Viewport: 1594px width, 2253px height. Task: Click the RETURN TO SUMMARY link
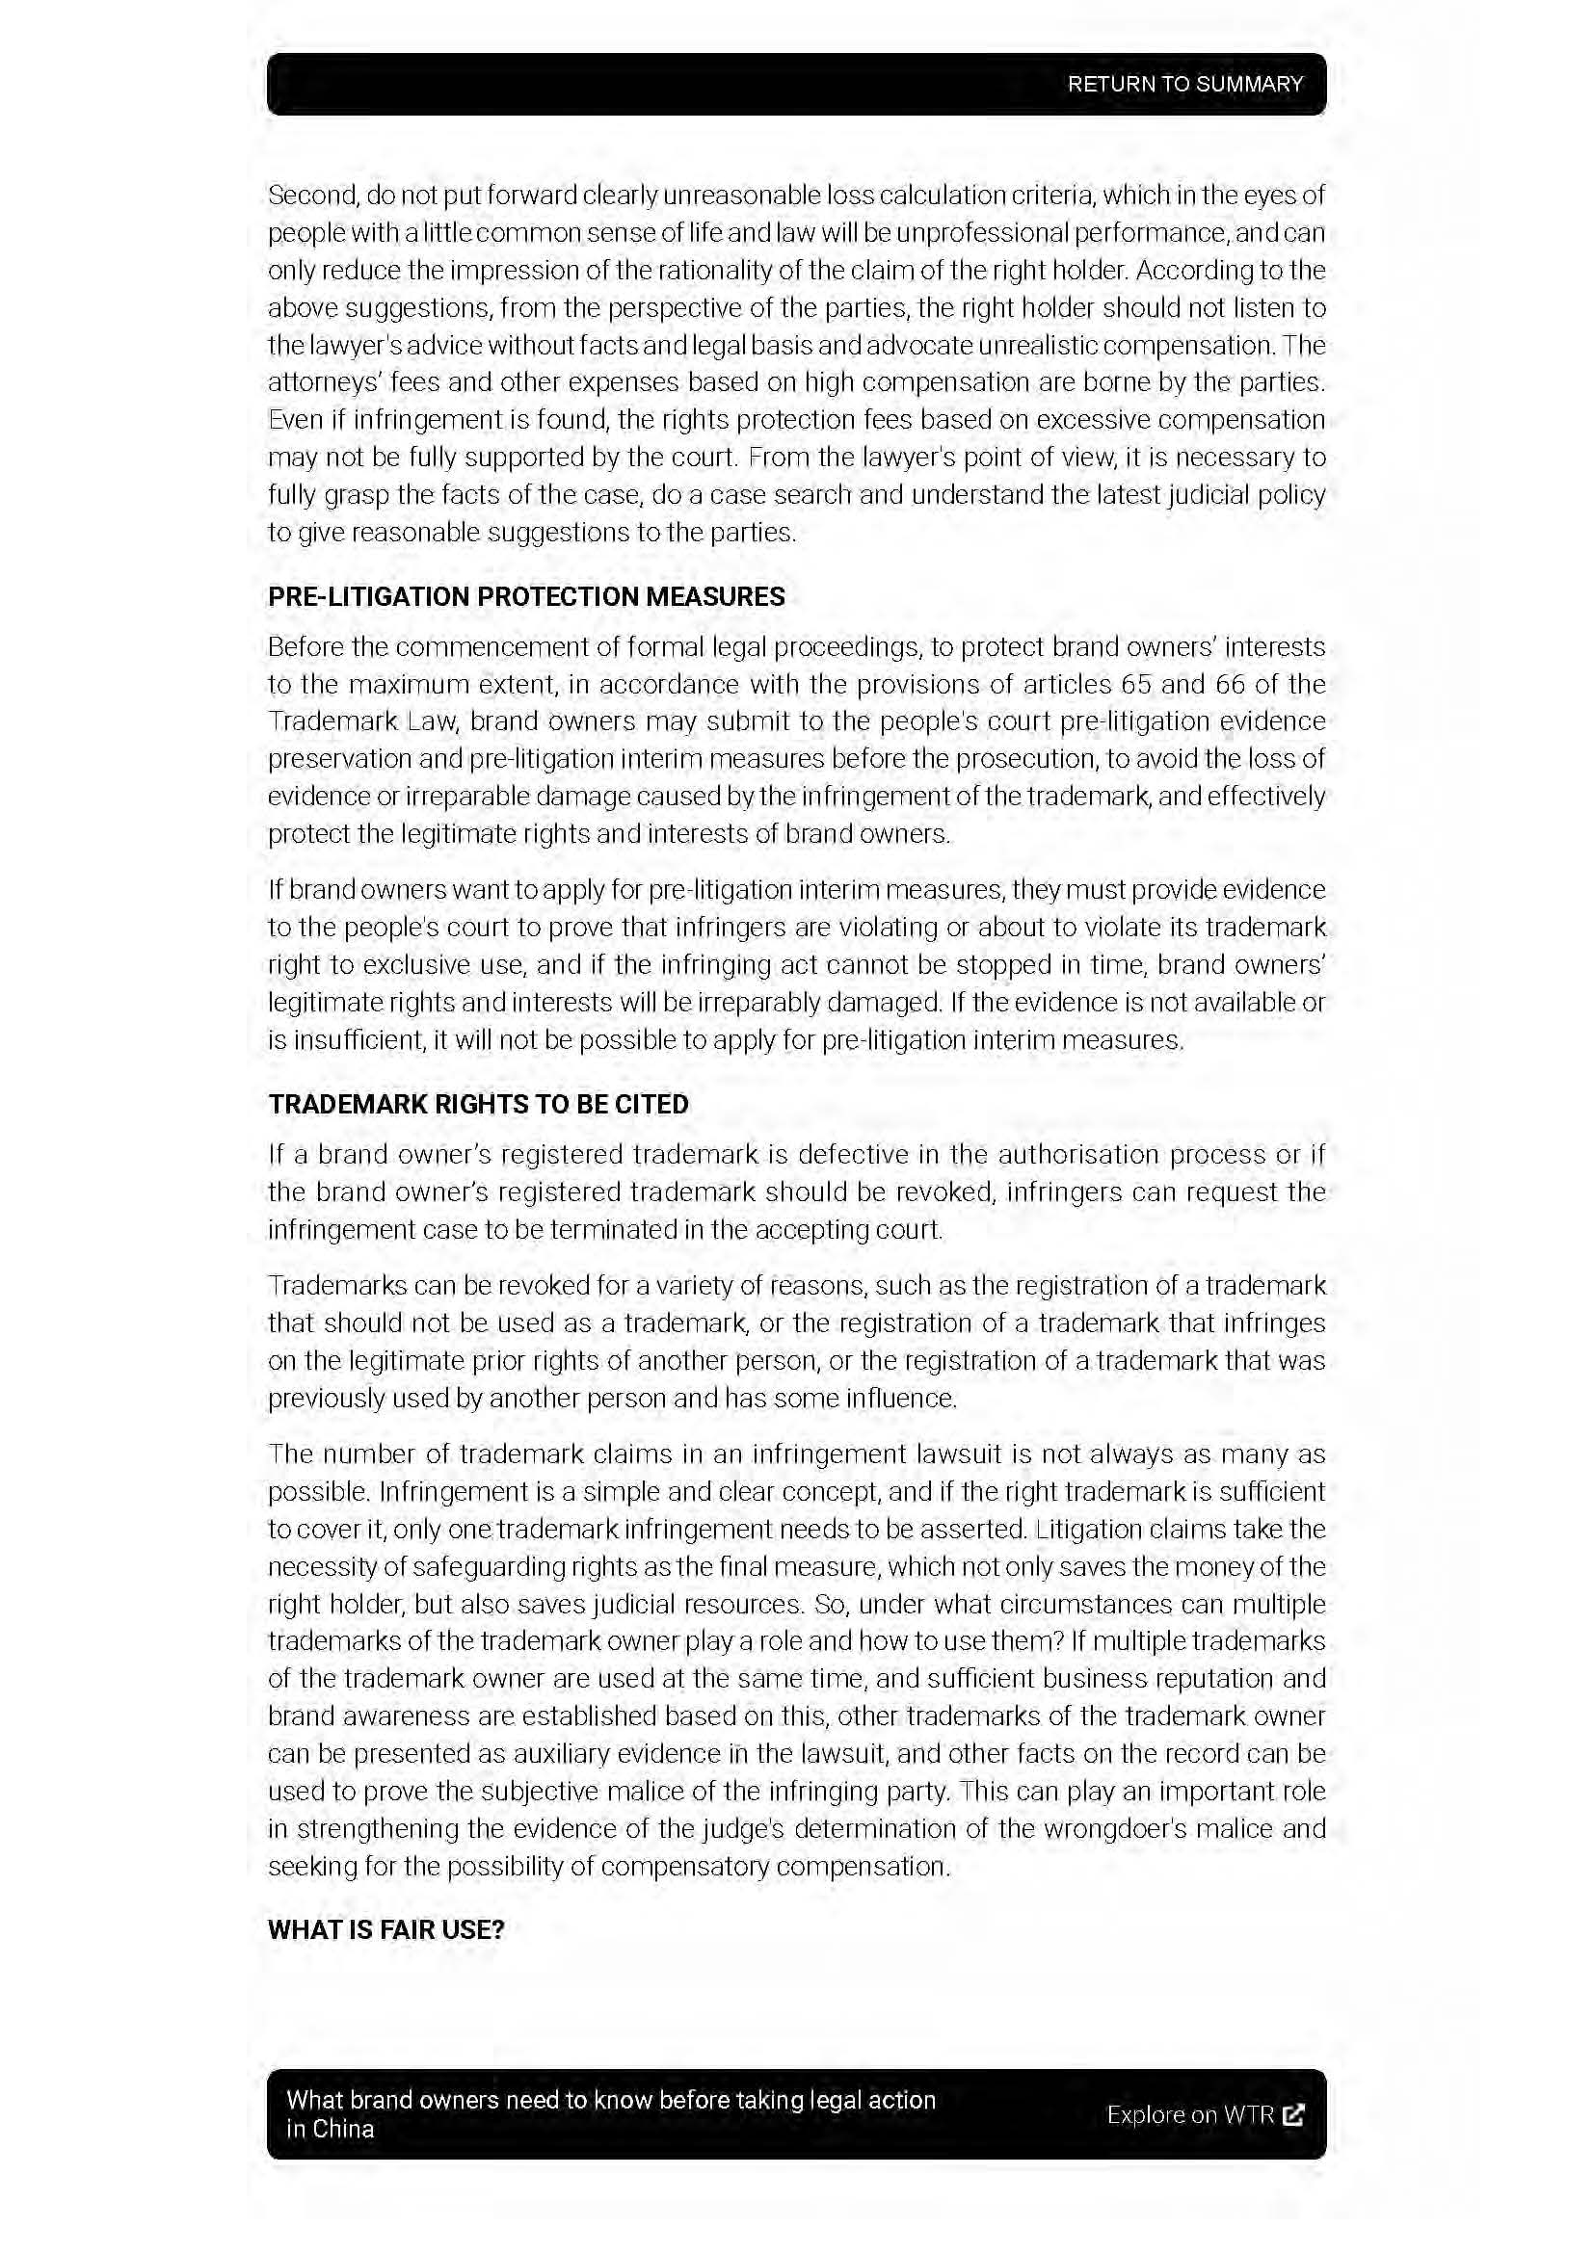coord(1184,85)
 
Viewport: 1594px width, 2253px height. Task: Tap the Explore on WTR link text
coord(1189,2114)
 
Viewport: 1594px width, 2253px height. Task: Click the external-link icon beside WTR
coord(1293,2114)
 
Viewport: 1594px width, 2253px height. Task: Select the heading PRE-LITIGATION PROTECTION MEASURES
coord(526,596)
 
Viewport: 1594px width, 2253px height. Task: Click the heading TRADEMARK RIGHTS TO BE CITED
coord(478,1104)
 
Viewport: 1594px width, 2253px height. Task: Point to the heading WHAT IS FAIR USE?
coord(385,1930)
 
